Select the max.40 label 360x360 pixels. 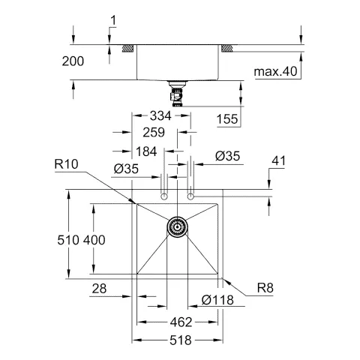tap(276, 72)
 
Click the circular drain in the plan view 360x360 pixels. tap(177, 226)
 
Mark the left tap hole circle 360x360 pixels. tap(163, 196)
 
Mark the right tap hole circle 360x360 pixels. tap(191, 196)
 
